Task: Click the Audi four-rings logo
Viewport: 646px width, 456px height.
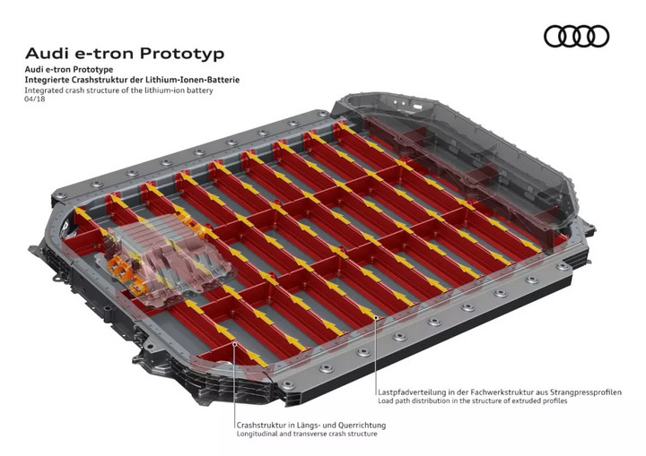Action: point(576,36)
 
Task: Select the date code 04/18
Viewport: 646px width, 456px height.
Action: point(35,99)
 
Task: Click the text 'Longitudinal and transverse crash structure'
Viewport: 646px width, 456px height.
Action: point(307,434)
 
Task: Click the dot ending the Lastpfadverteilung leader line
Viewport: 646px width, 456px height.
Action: point(376,317)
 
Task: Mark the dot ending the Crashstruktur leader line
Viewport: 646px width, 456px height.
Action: point(234,343)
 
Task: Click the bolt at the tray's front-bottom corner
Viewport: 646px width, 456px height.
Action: point(288,385)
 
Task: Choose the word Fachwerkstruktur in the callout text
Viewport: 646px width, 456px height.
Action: point(502,392)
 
